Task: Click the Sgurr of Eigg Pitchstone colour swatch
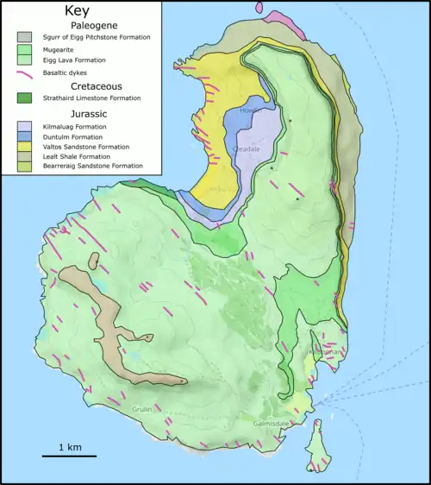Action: tap(25, 38)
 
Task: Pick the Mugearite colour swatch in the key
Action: tap(25, 50)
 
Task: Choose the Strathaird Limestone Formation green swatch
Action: tap(25, 99)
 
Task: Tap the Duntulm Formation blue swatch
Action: tap(25, 136)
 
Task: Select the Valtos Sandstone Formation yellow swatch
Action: tap(25, 146)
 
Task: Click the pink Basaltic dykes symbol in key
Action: tap(25, 73)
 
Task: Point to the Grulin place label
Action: tap(141, 408)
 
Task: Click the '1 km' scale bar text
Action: tap(72, 447)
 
